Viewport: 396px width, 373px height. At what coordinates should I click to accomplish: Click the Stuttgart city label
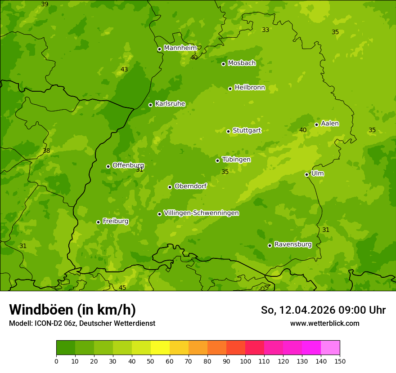point(247,130)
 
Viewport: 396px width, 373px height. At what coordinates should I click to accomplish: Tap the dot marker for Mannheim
point(159,49)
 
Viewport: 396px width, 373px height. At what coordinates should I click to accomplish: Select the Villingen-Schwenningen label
point(201,213)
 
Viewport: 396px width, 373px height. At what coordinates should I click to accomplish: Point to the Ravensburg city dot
point(270,245)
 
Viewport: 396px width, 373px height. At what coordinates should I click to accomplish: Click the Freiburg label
point(115,221)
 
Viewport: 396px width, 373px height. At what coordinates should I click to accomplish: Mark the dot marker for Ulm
point(307,174)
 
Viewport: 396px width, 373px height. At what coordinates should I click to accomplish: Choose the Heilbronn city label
point(250,88)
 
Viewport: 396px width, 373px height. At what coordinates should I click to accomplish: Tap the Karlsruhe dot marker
point(151,105)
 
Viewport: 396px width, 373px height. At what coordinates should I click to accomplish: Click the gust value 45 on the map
point(122,288)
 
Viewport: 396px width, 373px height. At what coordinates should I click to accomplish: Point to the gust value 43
point(124,69)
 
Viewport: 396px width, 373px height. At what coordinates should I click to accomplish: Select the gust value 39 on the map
point(45,4)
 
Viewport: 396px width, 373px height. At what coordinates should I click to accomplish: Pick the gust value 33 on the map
point(265,30)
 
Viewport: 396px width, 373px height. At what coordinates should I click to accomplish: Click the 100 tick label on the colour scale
point(245,361)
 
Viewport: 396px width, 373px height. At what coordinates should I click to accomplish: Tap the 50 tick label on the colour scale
point(151,361)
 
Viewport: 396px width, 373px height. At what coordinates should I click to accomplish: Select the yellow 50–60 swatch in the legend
point(160,348)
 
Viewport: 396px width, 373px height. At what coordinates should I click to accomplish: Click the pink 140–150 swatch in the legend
point(330,348)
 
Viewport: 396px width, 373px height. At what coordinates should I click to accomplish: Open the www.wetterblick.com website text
point(324,323)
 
